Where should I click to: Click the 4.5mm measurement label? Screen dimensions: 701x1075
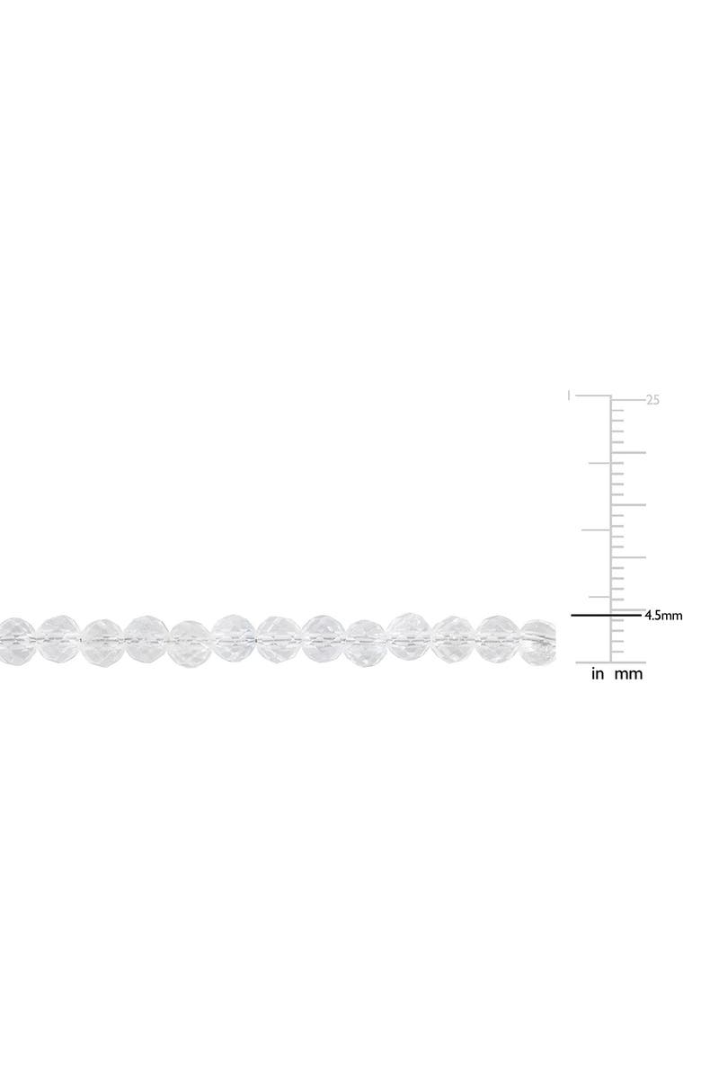click(x=663, y=616)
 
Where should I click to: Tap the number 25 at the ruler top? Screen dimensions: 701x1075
click(x=652, y=400)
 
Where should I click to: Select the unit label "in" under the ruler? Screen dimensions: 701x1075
click(x=599, y=674)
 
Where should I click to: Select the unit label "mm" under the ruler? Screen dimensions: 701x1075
click(x=628, y=675)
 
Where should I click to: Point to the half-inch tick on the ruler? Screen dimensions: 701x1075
click(x=596, y=529)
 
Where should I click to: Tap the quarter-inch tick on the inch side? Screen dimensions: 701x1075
click(x=599, y=597)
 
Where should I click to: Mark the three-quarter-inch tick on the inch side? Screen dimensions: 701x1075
click(x=599, y=463)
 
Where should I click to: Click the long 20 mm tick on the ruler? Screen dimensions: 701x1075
click(x=628, y=452)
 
